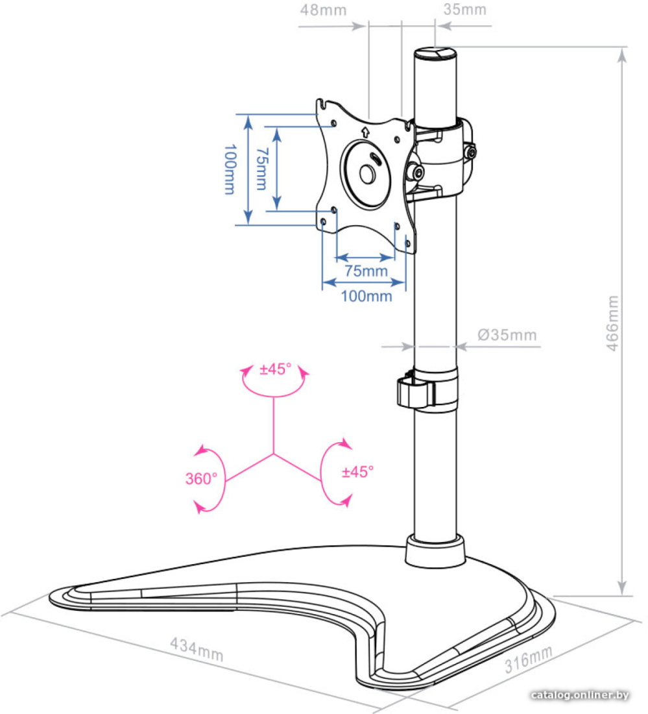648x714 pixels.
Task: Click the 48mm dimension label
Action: (323, 10)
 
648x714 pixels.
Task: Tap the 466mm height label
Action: (613, 323)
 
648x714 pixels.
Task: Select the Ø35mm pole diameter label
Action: (507, 335)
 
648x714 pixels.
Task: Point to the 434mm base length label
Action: (197, 649)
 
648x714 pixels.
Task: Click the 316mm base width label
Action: (528, 659)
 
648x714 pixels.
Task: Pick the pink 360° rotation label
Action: (201, 478)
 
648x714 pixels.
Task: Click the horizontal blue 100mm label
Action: (366, 297)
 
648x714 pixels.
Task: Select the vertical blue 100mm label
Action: (230, 169)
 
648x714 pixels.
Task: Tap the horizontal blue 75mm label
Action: (366, 271)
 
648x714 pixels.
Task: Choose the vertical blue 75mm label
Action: (261, 169)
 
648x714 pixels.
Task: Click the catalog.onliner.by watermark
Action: (580, 695)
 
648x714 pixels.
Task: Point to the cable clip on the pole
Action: (414, 391)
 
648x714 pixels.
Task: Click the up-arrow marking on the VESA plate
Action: (365, 132)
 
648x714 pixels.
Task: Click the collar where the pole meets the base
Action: (435, 552)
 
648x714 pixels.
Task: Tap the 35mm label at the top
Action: (464, 10)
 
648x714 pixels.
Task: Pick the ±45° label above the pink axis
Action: (275, 369)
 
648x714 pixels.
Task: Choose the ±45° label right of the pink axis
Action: (357, 472)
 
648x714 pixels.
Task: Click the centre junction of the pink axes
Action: (274, 454)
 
